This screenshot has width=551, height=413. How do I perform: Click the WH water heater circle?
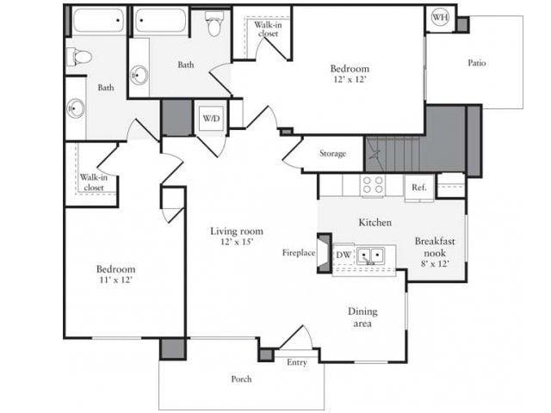439,17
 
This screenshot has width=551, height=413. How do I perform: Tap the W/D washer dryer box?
210,117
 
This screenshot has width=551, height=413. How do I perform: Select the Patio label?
477,62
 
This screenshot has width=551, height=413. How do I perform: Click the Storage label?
332,154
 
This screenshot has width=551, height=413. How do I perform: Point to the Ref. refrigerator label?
419,187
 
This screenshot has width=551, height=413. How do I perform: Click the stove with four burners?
373,184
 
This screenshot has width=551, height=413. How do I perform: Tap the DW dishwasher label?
343,255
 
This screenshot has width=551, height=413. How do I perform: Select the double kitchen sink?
371,256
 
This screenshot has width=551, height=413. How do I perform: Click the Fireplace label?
298,253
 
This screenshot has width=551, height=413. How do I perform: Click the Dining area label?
362,317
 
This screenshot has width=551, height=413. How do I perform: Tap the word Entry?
297,362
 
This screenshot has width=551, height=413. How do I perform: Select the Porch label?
241,379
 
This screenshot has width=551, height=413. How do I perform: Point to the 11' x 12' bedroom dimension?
115,280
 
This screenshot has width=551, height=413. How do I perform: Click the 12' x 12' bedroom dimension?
350,80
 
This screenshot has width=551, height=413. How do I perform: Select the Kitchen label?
375,222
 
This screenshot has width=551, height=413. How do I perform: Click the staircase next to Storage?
392,155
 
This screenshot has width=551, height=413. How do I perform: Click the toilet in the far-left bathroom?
80,57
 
